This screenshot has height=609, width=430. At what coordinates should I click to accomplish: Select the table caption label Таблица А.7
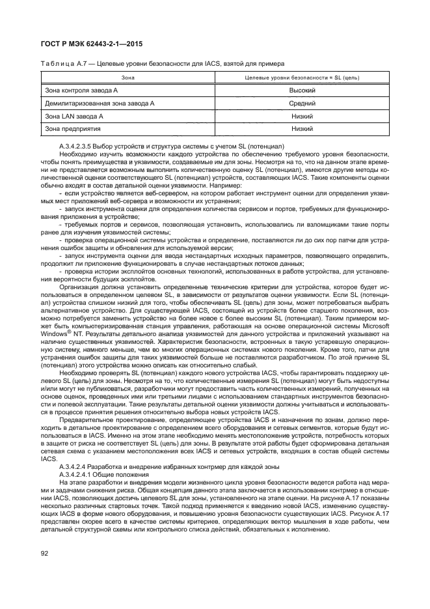coord(63,63)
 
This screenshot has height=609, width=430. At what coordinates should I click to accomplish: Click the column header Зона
coord(124,78)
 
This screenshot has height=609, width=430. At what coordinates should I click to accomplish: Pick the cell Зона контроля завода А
coord(81,91)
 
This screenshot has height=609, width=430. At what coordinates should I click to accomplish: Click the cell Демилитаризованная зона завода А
coord(99,103)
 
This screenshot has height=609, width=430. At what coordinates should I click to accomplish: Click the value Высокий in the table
coord(302,91)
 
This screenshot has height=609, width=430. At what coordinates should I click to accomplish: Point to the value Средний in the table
coord(302,103)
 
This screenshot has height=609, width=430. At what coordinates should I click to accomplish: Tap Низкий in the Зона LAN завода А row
coord(302,116)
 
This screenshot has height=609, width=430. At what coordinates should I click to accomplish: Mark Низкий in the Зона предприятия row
coord(302,128)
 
